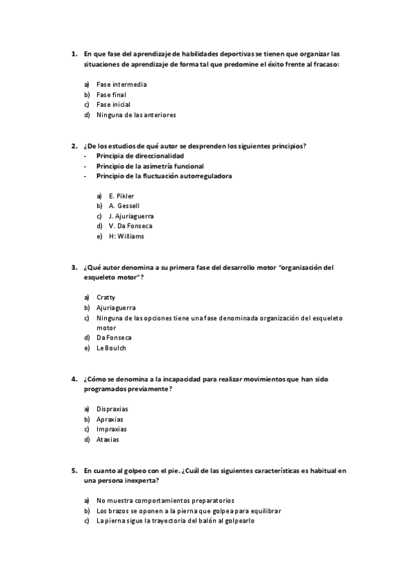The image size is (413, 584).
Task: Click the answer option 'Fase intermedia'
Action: tap(121, 85)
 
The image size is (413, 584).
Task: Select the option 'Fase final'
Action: tap(111, 94)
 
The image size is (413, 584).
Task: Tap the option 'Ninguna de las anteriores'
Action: tap(136, 115)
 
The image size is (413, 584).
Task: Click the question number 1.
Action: tap(74, 54)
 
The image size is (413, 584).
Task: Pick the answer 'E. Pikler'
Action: tap(121, 196)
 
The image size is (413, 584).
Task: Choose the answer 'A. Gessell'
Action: tap(124, 205)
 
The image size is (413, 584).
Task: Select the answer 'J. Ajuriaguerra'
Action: tap(131, 216)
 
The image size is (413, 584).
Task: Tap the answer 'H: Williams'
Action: tap(126, 236)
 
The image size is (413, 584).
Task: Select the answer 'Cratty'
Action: tap(106, 297)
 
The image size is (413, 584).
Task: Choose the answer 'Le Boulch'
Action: tap(112, 348)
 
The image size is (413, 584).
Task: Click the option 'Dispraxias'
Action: tap(112, 409)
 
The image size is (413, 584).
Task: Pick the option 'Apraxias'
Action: tap(110, 419)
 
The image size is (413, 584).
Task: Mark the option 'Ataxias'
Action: tap(108, 439)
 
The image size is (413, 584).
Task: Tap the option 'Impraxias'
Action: tap(111, 429)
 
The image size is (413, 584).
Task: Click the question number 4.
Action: tap(74, 379)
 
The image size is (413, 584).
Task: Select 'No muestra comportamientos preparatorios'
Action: tap(165, 501)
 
